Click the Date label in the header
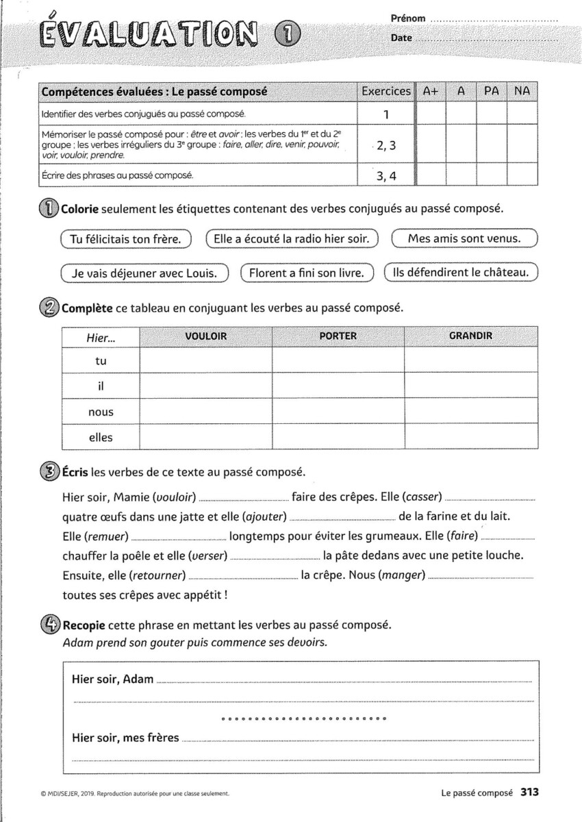(x=401, y=38)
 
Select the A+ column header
(x=431, y=91)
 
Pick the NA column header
(x=522, y=91)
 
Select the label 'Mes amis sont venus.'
(x=464, y=238)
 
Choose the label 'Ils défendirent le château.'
(x=460, y=272)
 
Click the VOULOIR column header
(x=205, y=336)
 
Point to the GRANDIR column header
(x=470, y=336)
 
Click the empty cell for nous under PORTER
(x=338, y=412)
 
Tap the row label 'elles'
(x=101, y=436)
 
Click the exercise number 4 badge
(x=51, y=625)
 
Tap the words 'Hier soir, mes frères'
(x=125, y=738)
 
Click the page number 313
(x=530, y=793)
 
